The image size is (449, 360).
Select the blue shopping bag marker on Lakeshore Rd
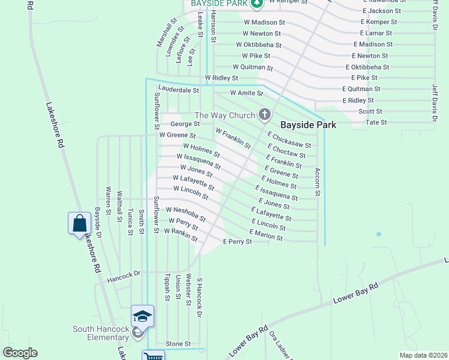click(80, 224)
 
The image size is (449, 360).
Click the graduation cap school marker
click(143, 316)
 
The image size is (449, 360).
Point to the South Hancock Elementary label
click(101, 333)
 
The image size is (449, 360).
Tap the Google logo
click(20, 353)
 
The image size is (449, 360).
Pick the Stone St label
click(178, 344)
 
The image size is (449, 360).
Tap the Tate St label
click(376, 122)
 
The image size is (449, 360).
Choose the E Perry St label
click(237, 241)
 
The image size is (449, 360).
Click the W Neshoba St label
click(185, 214)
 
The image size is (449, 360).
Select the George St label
click(184, 124)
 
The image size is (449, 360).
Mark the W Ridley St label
click(221, 78)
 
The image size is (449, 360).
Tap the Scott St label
click(370, 111)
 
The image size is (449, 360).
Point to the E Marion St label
click(266, 235)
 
